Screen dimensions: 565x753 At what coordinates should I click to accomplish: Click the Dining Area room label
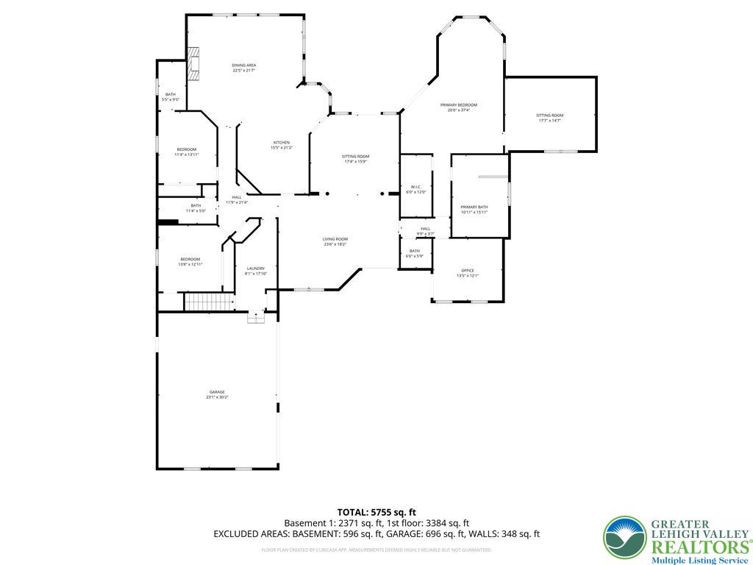pos(244,68)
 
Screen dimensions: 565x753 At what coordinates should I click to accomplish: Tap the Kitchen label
pos(282,145)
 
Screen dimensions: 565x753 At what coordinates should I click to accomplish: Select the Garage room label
pos(217,394)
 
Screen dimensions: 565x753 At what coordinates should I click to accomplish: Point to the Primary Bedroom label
pos(459,107)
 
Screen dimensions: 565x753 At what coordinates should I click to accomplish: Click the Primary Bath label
pos(474,210)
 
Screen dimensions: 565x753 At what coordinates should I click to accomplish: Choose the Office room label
pos(468,273)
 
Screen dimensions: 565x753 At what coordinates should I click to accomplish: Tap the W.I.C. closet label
pos(415,189)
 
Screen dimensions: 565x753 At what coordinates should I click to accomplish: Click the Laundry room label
pos(255,271)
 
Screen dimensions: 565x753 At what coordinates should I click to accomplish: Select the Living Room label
pos(335,241)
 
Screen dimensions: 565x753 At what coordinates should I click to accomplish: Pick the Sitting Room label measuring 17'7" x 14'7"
pos(549,118)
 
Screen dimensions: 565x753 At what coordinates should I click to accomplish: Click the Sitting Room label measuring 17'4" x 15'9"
pos(355,159)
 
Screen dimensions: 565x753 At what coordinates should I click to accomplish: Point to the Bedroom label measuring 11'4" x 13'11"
pos(186,152)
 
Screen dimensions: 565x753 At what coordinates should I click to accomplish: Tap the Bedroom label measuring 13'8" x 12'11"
pos(190,261)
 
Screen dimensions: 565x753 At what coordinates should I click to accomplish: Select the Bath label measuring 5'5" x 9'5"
pos(171,96)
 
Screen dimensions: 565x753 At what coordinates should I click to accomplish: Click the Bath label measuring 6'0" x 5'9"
pos(415,253)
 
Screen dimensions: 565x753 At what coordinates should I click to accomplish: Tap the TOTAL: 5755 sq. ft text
pos(376,512)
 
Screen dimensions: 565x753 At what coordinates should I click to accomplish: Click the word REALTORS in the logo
pos(698,547)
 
